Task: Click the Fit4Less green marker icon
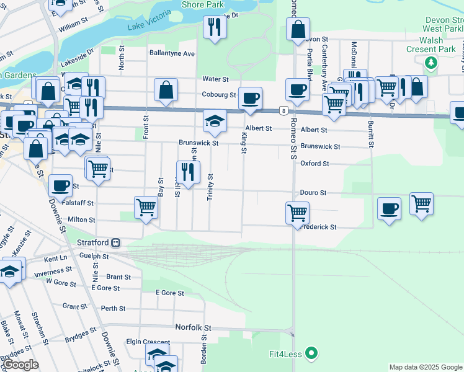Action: point(312,354)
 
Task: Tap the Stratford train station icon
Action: point(115,242)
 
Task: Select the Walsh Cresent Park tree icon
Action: point(431,62)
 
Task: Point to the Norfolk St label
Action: point(193,327)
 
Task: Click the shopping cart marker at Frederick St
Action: point(298,213)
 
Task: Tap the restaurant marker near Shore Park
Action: point(215,27)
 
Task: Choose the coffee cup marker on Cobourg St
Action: point(250,98)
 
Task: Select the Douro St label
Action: point(313,193)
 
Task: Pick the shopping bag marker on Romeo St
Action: point(298,29)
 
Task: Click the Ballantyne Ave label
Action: point(172,53)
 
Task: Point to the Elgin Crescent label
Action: point(148,342)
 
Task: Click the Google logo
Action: point(20,365)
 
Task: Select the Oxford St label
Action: point(315,164)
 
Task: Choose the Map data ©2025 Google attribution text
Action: point(426,367)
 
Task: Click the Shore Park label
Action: point(202,5)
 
